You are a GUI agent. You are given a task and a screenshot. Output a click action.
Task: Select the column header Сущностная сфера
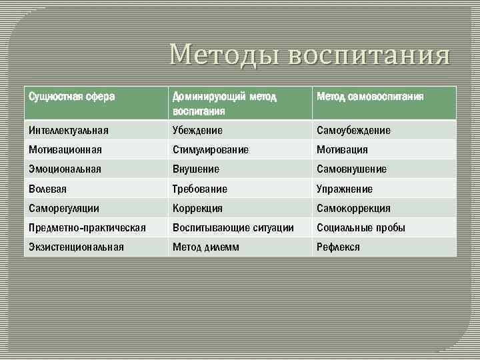point(71,97)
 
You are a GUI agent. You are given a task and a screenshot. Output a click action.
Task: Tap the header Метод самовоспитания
point(370,97)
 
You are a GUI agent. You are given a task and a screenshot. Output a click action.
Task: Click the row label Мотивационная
point(65,150)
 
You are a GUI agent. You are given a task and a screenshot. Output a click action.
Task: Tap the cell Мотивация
point(342,150)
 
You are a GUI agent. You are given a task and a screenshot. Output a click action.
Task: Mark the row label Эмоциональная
point(65,169)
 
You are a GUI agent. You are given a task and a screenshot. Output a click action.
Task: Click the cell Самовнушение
point(351,169)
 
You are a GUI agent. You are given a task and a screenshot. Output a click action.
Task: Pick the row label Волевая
point(47,189)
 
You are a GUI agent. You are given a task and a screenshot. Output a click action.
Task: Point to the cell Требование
point(200,189)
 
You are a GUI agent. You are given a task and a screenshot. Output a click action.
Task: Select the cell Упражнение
point(345,189)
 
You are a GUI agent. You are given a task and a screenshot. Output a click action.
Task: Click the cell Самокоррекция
point(353,209)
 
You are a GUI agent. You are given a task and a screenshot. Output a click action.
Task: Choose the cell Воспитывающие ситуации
point(233,228)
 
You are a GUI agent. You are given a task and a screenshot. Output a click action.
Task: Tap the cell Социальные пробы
point(361,228)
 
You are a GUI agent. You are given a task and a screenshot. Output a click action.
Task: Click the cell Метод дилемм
point(206,247)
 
